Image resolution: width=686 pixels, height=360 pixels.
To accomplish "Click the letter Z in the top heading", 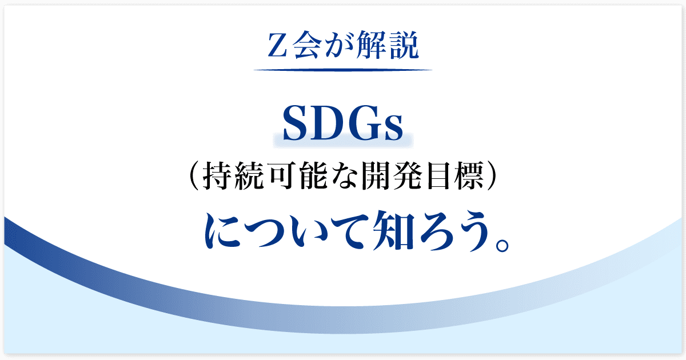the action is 277,45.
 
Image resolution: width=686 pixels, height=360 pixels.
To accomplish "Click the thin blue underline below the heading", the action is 343,70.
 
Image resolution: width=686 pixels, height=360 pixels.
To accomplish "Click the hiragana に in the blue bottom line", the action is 222,230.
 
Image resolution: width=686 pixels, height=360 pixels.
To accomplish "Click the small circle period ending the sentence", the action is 502,245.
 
